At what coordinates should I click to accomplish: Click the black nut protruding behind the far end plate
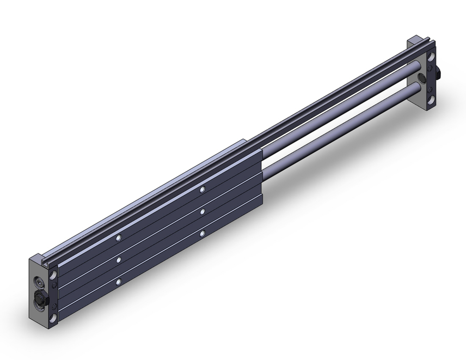point(439,72)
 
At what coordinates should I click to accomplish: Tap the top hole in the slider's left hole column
point(120,237)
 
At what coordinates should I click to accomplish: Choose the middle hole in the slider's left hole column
point(120,259)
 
